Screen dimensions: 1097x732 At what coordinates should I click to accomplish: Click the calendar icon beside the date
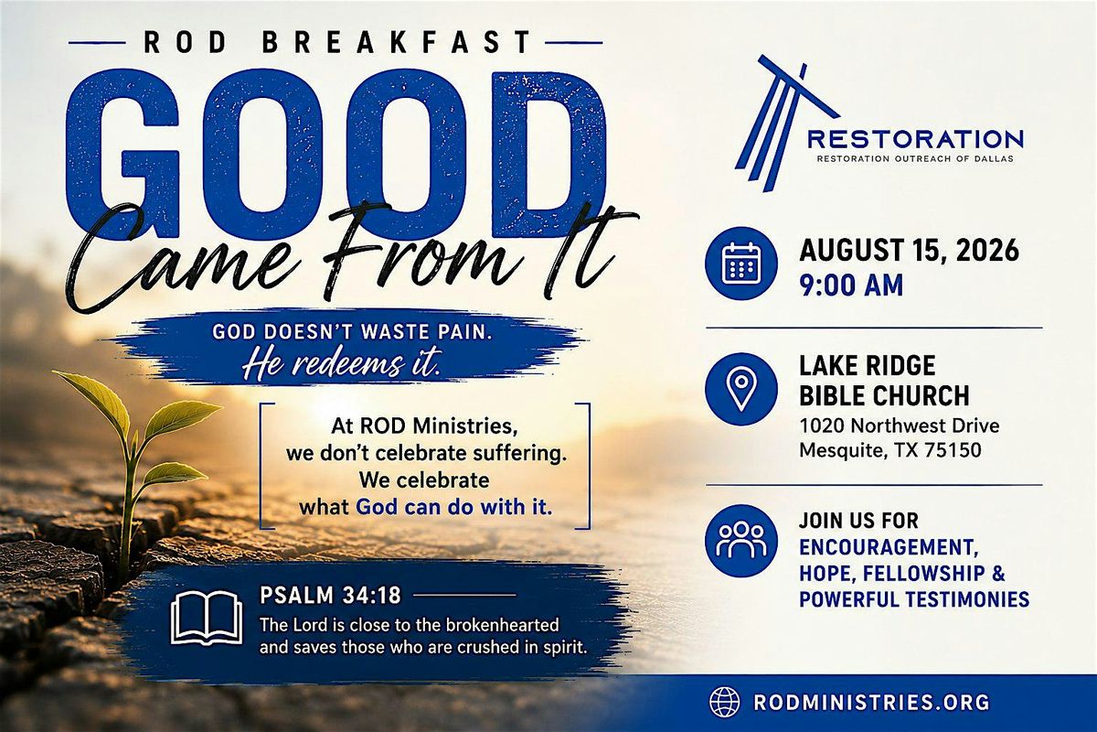tap(741, 264)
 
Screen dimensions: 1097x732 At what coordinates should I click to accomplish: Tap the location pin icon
tap(741, 389)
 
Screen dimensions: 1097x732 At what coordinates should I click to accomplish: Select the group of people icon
tap(741, 541)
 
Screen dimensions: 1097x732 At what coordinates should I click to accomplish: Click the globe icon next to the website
tap(725, 702)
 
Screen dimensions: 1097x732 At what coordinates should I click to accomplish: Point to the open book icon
tap(207, 618)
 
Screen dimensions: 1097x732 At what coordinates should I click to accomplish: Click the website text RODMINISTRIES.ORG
tap(871, 703)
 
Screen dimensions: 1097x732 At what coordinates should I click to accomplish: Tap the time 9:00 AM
tap(851, 285)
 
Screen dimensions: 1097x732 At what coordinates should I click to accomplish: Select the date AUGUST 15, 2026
tap(910, 251)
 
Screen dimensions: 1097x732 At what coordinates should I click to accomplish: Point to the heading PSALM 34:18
tap(330, 596)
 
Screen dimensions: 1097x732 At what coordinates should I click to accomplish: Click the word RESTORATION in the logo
tap(915, 139)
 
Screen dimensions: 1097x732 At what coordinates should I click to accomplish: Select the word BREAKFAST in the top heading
tap(397, 42)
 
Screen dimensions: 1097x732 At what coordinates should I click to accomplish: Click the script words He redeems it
tap(342, 365)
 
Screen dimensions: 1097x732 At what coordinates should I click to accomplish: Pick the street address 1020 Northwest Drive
tap(900, 425)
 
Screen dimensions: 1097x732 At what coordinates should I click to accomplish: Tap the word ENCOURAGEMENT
tap(889, 548)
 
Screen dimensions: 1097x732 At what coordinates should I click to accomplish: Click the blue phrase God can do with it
tap(454, 507)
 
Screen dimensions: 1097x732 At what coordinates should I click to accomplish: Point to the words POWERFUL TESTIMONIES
tap(914, 599)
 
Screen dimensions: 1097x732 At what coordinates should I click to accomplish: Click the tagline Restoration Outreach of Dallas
tap(915, 159)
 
